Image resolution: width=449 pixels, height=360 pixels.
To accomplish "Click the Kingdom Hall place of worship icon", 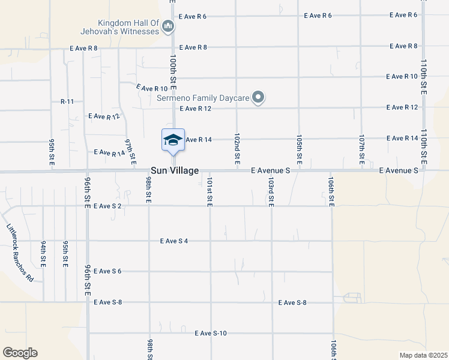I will (167, 26).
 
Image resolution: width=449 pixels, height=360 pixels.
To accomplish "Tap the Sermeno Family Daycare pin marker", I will (258, 97).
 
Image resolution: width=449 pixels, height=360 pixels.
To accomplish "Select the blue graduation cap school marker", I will (173, 140).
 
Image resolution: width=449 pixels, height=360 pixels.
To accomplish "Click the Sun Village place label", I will (175, 171).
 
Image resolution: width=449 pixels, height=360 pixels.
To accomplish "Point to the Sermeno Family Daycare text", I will (203, 97).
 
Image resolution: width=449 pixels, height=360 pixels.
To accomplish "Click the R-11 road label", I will (67, 102).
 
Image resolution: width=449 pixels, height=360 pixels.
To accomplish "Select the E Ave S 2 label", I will (107, 206).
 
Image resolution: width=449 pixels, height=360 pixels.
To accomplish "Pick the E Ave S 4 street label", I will (174, 241).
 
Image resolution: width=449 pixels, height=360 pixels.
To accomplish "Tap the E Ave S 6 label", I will (107, 271).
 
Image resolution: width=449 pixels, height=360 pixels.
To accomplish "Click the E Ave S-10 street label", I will (209, 333).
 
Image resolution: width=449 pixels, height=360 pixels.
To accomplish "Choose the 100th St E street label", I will (173, 71).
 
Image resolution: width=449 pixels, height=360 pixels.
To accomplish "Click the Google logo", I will (20, 353).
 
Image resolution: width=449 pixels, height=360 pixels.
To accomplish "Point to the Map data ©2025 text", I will (423, 355).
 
